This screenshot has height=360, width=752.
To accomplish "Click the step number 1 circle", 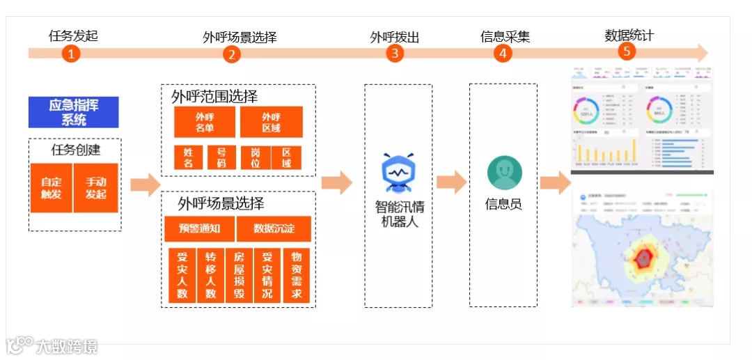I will (71, 54).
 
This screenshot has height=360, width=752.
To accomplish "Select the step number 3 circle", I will (395, 54).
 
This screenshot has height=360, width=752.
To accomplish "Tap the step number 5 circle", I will (627, 52).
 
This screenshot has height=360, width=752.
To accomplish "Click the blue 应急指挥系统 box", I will (73, 112).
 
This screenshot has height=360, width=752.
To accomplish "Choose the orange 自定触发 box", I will (51, 188).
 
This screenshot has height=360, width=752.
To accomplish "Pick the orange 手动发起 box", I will (96, 188).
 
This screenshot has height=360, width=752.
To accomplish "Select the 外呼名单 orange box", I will (205, 122).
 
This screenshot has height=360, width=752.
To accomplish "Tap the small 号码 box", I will (221, 157).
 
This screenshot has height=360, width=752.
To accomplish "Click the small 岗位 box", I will (255, 157).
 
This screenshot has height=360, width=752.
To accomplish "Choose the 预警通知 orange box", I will (199, 228).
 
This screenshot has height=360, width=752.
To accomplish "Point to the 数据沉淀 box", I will (274, 228).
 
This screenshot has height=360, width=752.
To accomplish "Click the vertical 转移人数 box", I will (211, 275).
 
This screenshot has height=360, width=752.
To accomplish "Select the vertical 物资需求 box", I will (296, 275).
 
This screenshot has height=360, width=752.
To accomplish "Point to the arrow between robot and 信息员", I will (451, 182).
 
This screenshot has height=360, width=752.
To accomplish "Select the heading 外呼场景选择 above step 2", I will (240, 37).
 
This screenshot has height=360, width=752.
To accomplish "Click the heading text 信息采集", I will (505, 36).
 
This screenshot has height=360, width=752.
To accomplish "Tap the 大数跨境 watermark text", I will (67, 346).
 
